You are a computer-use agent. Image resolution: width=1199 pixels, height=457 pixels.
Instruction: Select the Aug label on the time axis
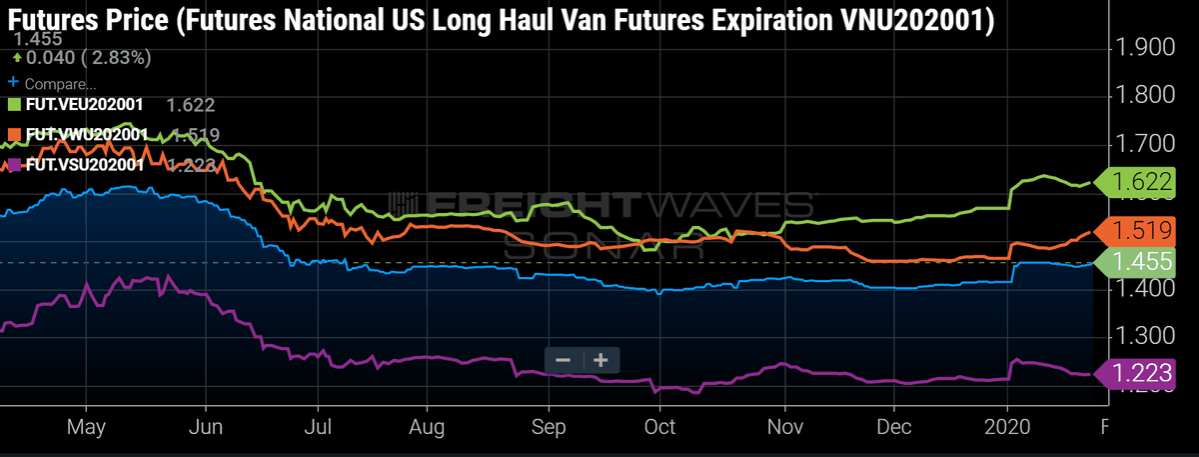click(x=427, y=426)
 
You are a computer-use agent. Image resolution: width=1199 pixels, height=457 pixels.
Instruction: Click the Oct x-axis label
click(x=660, y=426)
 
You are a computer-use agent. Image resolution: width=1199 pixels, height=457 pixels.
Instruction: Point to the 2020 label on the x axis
click(x=1006, y=426)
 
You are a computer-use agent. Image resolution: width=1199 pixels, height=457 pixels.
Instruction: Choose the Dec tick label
click(x=893, y=426)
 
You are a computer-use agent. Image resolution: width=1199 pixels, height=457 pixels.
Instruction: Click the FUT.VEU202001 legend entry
click(x=76, y=104)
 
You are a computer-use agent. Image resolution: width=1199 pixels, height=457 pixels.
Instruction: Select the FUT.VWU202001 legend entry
click(x=76, y=135)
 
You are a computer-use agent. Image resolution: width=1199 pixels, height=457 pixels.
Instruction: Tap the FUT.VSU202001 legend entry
click(x=76, y=165)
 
